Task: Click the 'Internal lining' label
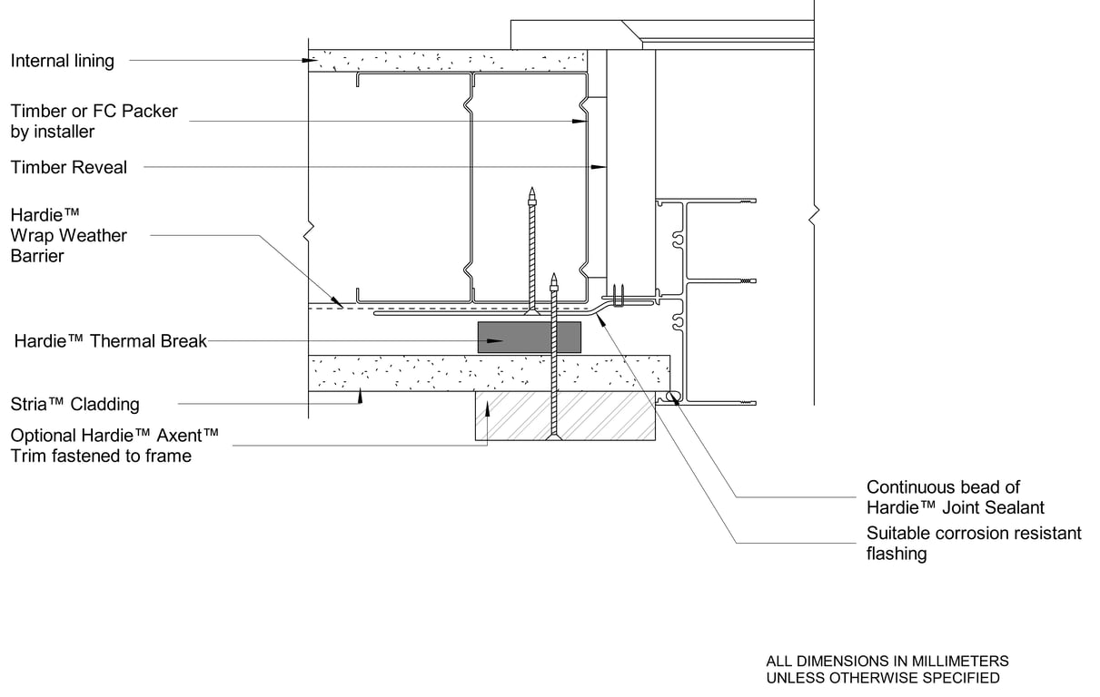coord(63,61)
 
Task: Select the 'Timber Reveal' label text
coord(69,167)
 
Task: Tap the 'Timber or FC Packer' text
coord(94,112)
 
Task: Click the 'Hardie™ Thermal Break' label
coord(111,341)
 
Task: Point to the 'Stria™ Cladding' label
coord(74,404)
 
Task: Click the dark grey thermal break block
coord(530,337)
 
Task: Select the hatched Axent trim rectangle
coord(565,416)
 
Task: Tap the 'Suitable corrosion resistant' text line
coord(974,533)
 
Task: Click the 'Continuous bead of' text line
coord(944,487)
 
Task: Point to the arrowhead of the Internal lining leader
coord(310,60)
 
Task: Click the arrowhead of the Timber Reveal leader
coord(599,167)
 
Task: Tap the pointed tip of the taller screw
coord(531,187)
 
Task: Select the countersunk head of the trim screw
coord(554,437)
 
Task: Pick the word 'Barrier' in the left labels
coord(37,256)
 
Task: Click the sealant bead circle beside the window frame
coord(673,396)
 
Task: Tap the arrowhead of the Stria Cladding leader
coord(360,396)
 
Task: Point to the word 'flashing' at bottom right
coord(897,554)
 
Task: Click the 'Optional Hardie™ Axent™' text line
coord(114,436)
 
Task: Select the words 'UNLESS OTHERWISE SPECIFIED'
coord(883,678)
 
